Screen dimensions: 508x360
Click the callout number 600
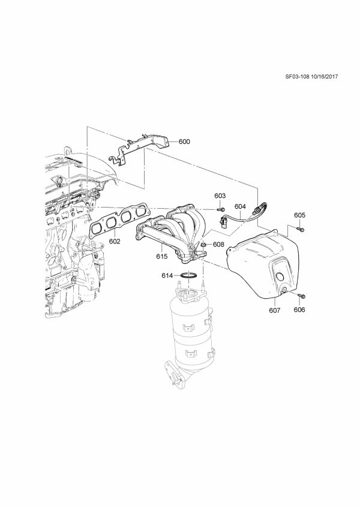point(184,142)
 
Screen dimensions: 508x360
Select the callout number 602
point(115,242)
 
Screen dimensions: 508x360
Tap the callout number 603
point(220,196)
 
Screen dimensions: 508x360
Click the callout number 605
point(300,215)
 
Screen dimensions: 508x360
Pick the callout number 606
point(299,310)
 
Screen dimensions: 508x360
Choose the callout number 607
point(274,311)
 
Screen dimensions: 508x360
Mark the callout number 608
point(218,244)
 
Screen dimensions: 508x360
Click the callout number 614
point(168,276)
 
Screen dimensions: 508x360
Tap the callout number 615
point(161,256)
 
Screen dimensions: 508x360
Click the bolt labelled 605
point(301,229)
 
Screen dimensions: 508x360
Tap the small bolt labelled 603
point(221,209)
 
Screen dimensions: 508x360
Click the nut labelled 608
point(204,245)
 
